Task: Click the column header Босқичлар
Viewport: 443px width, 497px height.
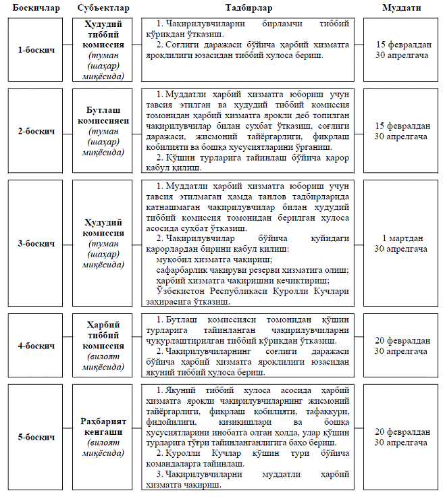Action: coord(36,7)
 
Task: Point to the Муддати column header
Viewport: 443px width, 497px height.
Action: coord(402,7)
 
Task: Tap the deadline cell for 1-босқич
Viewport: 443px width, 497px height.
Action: coord(402,50)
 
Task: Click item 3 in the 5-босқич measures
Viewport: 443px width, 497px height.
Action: coord(249,479)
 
